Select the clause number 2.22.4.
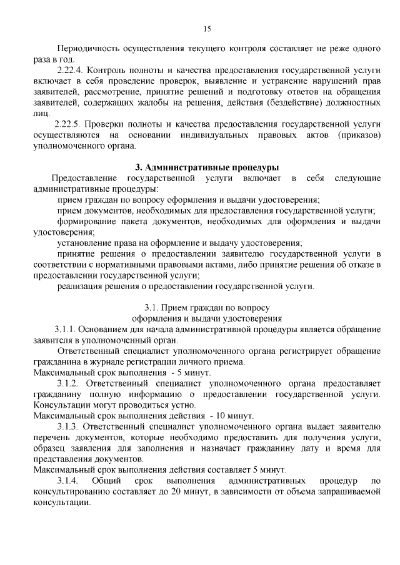tap(69, 71)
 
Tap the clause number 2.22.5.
tap(67, 124)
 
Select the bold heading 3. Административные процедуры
tap(207, 167)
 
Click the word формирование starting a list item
tap(87, 222)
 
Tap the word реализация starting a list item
tap(82, 287)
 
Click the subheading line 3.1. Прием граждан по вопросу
tap(207, 308)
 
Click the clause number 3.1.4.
tap(67, 481)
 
